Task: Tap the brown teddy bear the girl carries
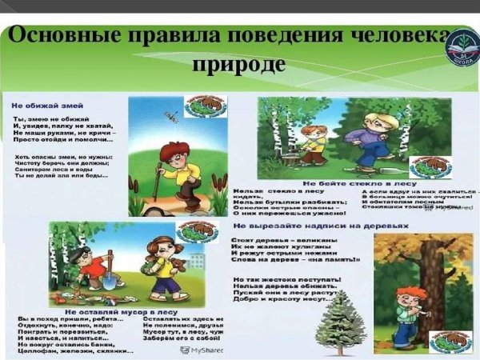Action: (181, 263)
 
